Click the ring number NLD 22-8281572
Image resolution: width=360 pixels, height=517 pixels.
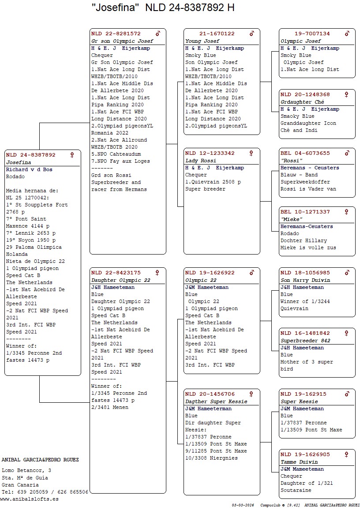point(116,34)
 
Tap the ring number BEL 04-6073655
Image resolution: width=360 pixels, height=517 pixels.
point(305,153)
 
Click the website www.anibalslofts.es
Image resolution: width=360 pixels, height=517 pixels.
point(29,499)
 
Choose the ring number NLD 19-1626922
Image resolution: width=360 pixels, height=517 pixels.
point(210,273)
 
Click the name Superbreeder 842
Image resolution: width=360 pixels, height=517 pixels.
point(305,341)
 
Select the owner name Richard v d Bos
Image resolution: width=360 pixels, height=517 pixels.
point(29,169)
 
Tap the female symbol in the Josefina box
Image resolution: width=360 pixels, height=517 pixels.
point(72,155)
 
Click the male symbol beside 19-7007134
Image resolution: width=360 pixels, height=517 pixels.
point(347,34)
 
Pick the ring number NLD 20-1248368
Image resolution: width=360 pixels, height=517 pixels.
point(305,94)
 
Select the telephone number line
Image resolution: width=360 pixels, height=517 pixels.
point(45,492)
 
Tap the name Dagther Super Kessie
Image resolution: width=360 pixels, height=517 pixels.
point(216,401)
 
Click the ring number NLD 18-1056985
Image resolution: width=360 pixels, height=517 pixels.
point(305,273)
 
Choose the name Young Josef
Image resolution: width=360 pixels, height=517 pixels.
point(199,41)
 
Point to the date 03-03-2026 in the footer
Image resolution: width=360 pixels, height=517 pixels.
point(243,505)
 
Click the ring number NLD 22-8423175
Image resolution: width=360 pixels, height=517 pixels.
point(116,273)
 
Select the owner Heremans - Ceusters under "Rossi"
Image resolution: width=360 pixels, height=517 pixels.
point(310,168)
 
